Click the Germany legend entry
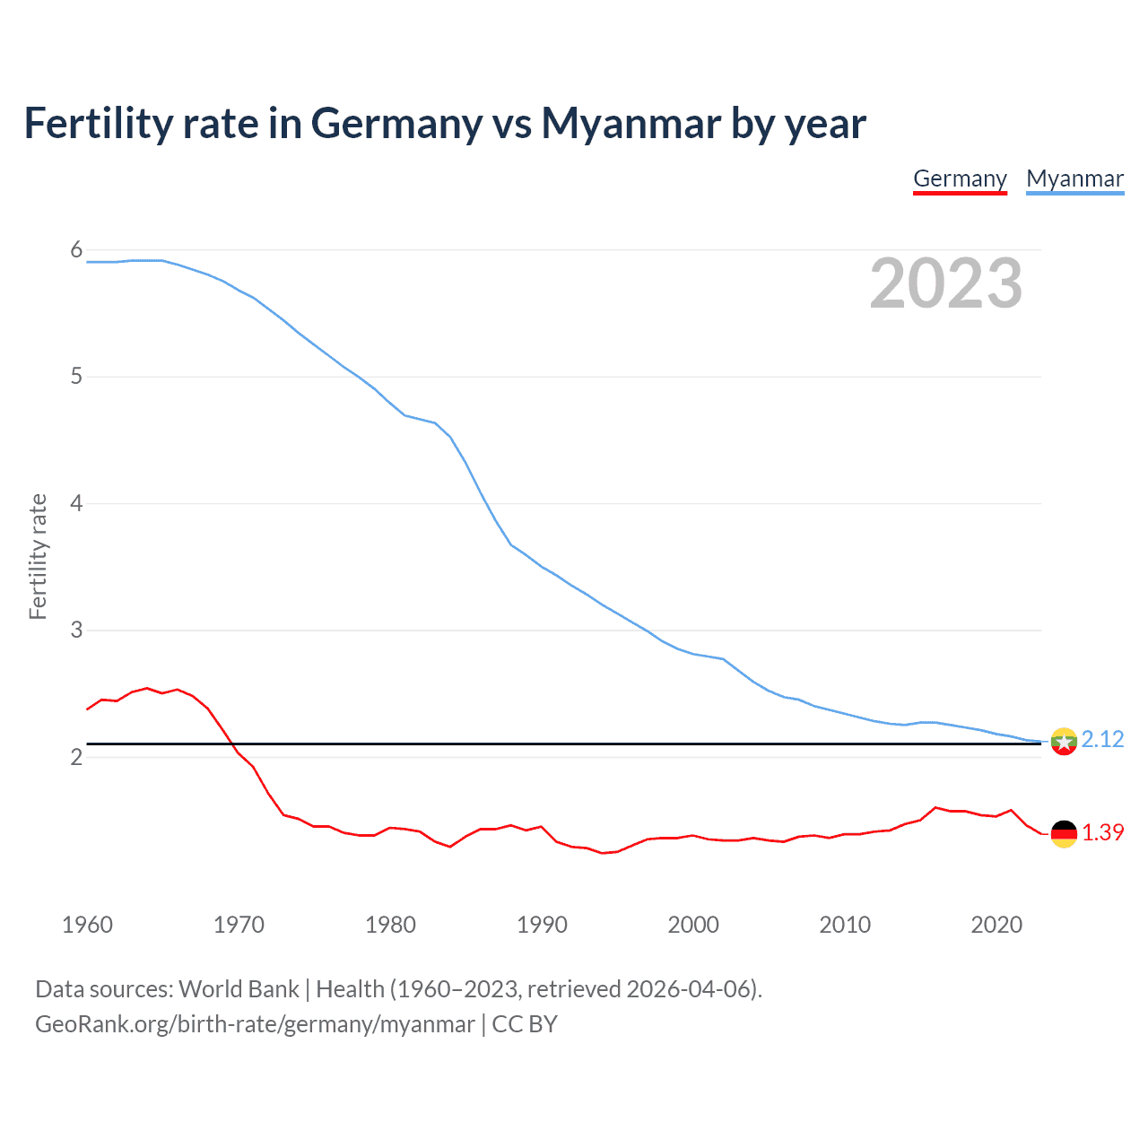[960, 178]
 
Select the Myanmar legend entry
[1074, 178]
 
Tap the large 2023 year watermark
[946, 283]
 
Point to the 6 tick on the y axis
[76, 250]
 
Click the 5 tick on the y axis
[76, 377]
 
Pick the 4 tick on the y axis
[76, 503]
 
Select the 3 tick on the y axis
[76, 631]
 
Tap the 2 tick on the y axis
[76, 757]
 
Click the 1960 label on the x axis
[87, 925]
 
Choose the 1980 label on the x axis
[390, 925]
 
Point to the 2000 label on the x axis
[693, 925]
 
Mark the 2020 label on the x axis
[996, 925]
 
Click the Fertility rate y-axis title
[38, 556]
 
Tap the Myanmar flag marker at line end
[1064, 742]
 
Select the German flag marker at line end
[1064, 833]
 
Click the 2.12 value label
[1102, 739]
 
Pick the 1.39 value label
[1102, 832]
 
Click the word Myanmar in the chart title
[631, 124]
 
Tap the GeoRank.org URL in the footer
[255, 1024]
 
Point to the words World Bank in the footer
[239, 989]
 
